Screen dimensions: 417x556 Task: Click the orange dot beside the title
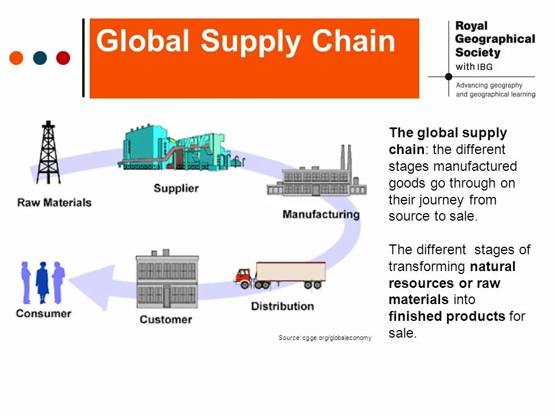[x=17, y=58]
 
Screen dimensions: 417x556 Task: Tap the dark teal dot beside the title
[x=40, y=58]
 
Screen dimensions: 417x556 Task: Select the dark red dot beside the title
[x=63, y=58]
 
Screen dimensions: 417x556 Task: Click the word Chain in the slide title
[x=354, y=42]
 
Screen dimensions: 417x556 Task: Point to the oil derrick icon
[x=48, y=153]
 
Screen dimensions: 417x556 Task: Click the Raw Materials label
[x=54, y=203]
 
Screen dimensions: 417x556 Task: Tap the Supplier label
[x=176, y=188]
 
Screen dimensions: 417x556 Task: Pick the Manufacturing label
[x=321, y=214]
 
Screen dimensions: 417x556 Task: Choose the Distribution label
[x=282, y=306]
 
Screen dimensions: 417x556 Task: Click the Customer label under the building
[x=166, y=319]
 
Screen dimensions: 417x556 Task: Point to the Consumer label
[x=43, y=313]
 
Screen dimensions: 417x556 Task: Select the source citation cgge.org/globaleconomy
[x=325, y=338]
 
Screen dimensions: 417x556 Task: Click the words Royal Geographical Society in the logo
[x=494, y=39]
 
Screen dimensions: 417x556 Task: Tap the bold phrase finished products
[x=447, y=316]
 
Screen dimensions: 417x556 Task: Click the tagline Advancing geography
[x=489, y=85]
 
